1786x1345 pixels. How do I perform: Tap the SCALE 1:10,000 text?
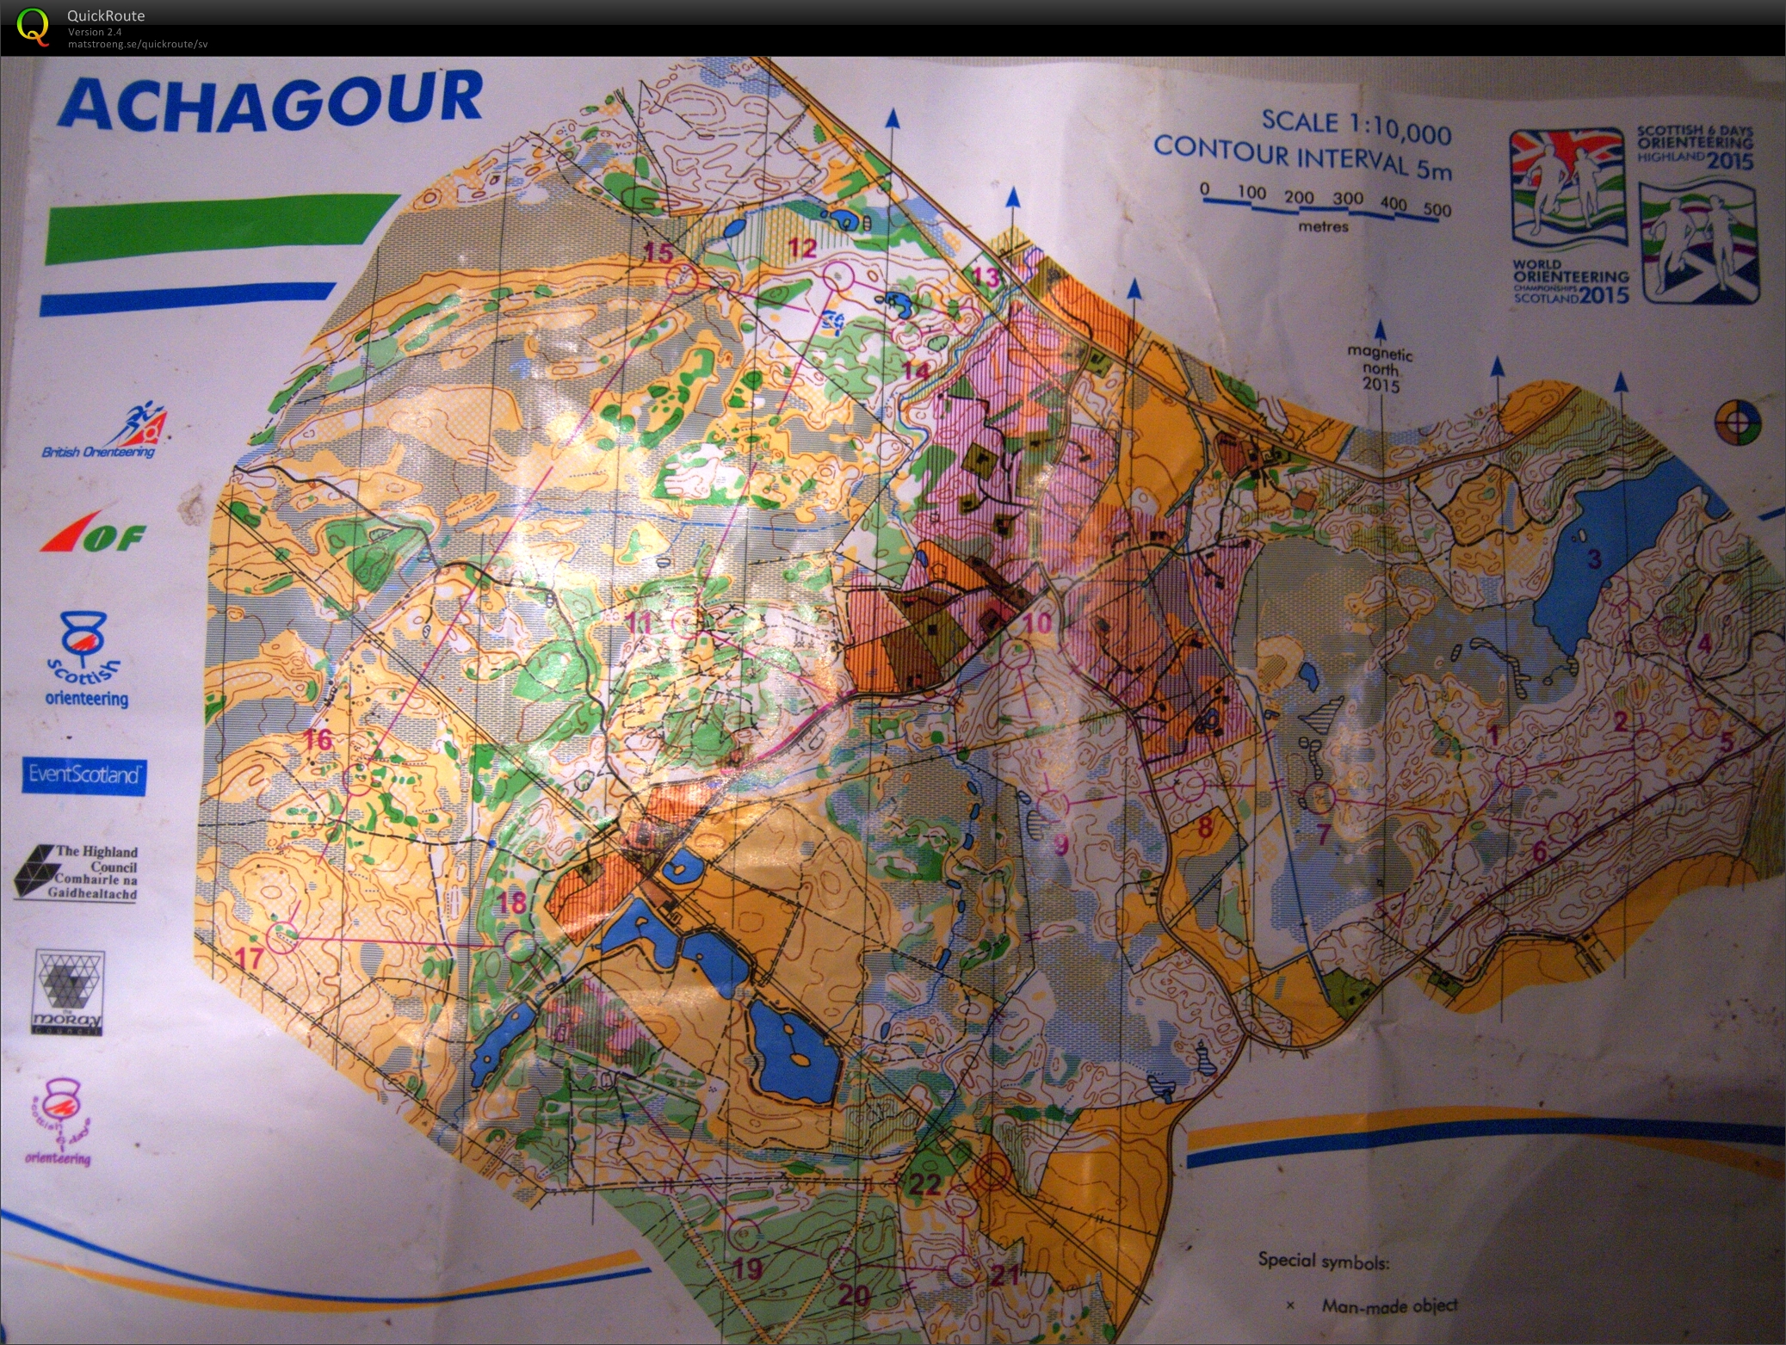click(x=1356, y=126)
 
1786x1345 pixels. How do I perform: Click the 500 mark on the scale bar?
click(x=1437, y=211)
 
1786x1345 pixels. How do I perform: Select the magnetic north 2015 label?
click(x=1380, y=368)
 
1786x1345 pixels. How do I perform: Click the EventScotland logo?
click(x=83, y=774)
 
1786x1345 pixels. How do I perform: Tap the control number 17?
click(x=250, y=959)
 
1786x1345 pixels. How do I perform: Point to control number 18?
click(x=512, y=903)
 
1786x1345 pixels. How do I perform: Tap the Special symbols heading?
click(x=1322, y=1262)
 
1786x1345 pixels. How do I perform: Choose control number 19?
click(x=748, y=1268)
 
